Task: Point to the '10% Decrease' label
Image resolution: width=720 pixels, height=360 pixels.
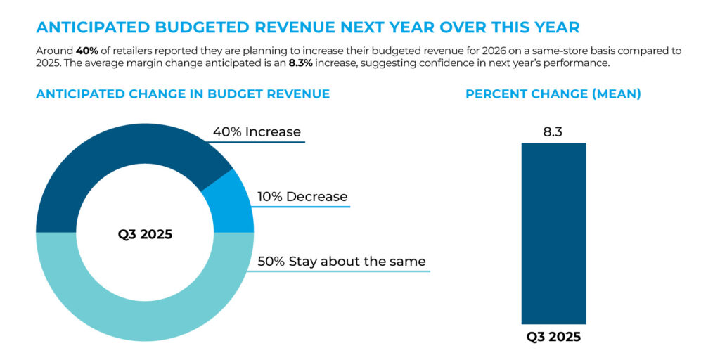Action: pyautogui.click(x=302, y=197)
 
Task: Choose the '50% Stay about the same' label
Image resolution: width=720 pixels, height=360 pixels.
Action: pyautogui.click(x=342, y=262)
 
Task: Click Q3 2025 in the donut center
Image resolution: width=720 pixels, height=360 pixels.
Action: pyautogui.click(x=145, y=234)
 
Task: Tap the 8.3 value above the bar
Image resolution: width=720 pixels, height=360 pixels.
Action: pyautogui.click(x=553, y=131)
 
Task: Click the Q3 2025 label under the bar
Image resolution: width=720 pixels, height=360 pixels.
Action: pyautogui.click(x=553, y=336)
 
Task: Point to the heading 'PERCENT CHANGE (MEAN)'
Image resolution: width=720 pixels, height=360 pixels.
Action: pyautogui.click(x=553, y=94)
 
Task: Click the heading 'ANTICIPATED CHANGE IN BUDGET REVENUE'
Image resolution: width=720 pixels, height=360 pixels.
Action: pyautogui.click(x=183, y=94)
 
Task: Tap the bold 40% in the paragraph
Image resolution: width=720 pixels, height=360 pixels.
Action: pyautogui.click(x=87, y=51)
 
